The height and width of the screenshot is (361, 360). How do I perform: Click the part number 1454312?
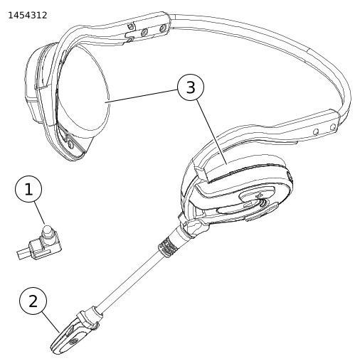(x=28, y=16)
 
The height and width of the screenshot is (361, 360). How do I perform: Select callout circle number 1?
(x=28, y=189)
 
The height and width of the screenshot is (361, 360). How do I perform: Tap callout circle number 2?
(x=33, y=301)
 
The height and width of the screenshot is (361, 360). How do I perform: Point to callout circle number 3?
(x=191, y=87)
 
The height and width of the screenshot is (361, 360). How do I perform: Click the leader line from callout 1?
(x=40, y=213)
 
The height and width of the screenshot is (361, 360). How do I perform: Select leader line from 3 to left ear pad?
(x=142, y=97)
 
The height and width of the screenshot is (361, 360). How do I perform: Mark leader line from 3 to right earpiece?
(x=211, y=132)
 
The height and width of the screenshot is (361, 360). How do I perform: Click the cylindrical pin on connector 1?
(x=48, y=233)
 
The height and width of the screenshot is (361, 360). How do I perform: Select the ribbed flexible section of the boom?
(x=168, y=247)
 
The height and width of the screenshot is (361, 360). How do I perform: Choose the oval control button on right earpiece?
(x=258, y=195)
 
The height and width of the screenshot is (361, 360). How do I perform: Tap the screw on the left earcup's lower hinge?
(x=70, y=144)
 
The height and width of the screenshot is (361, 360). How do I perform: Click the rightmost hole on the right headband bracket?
(x=333, y=127)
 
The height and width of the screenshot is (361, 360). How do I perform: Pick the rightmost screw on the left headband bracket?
(x=162, y=28)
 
